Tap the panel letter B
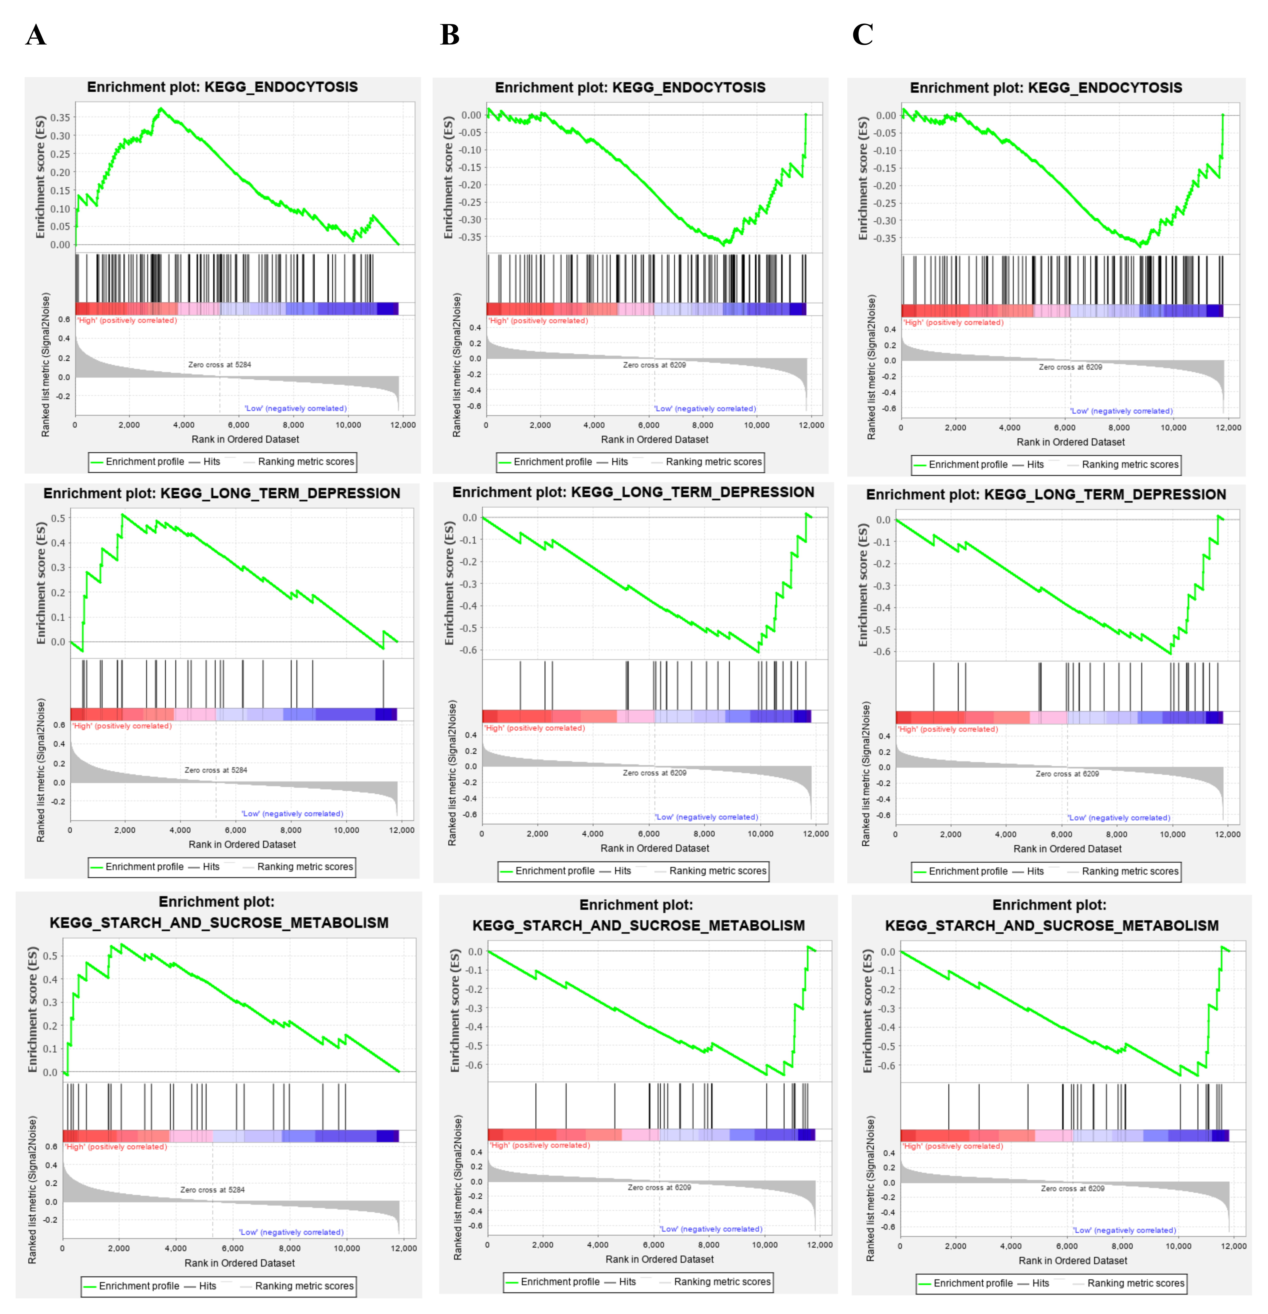pyautogui.click(x=450, y=35)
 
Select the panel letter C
pyautogui.click(x=862, y=35)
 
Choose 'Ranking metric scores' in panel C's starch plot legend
pyautogui.click(x=1135, y=1283)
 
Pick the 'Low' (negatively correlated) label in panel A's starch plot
pyautogui.click(x=292, y=1232)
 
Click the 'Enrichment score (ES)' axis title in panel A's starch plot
pyautogui.click(x=32, y=1009)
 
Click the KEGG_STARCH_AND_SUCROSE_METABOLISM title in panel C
pyautogui.click(x=1051, y=926)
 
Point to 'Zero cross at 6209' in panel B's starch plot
pyautogui.click(x=659, y=1187)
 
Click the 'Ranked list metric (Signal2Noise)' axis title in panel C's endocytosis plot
pyautogui.click(x=871, y=367)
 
